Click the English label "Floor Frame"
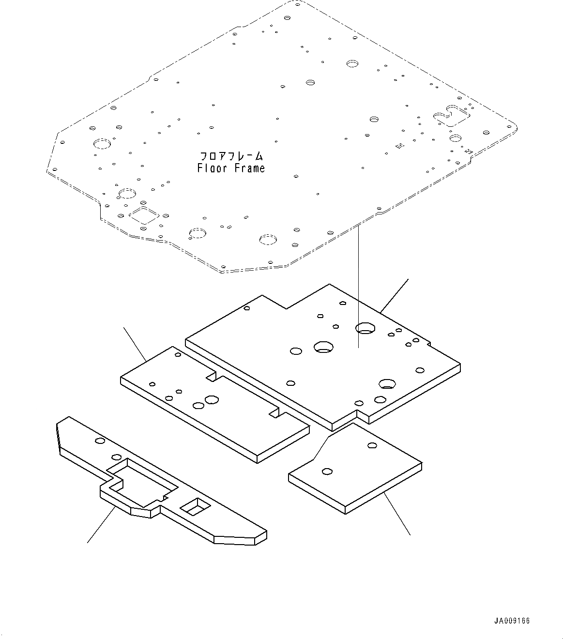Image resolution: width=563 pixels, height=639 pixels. pyautogui.click(x=231, y=168)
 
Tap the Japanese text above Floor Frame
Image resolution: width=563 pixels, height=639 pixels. pyautogui.click(x=232, y=156)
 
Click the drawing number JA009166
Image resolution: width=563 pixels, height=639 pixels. pyautogui.click(x=512, y=621)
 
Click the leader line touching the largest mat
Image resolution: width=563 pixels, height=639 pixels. pyautogui.click(x=395, y=295)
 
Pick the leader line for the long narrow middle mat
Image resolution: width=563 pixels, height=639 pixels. pyautogui.click(x=136, y=344)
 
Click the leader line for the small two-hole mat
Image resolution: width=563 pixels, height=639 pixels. pyautogui.click(x=397, y=514)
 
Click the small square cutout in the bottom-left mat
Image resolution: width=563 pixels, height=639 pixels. pyautogui.click(x=196, y=506)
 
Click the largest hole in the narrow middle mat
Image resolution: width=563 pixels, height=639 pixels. pyautogui.click(x=212, y=399)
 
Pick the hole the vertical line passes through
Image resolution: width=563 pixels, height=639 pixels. pyautogui.click(x=365, y=329)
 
